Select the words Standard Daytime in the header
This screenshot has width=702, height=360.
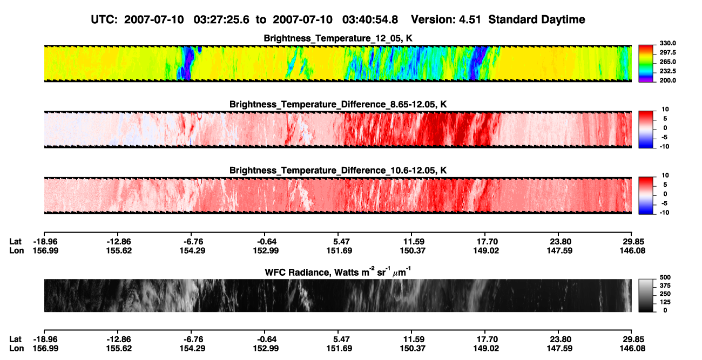pyautogui.click(x=537, y=19)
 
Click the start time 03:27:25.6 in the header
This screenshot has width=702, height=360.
pyautogui.click(x=221, y=19)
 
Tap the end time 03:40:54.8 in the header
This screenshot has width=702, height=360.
pyautogui.click(x=370, y=19)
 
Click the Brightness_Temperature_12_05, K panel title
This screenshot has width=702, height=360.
pyautogui.click(x=338, y=38)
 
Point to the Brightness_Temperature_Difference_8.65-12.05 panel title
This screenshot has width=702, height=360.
pyautogui.click(x=338, y=104)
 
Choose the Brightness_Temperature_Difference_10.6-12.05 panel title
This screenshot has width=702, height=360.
pyautogui.click(x=338, y=171)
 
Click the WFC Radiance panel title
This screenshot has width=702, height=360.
pyautogui.click(x=338, y=272)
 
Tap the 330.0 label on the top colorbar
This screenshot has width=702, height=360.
pyautogui.click(x=667, y=43)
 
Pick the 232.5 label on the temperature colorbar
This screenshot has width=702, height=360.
pyautogui.click(x=667, y=71)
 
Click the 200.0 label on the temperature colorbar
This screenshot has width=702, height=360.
pyautogui.click(x=667, y=80)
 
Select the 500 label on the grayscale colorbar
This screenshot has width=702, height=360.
pyautogui.click(x=665, y=277)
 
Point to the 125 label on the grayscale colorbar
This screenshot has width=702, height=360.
pyautogui.click(x=665, y=302)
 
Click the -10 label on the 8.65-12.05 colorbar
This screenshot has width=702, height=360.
pyautogui.click(x=664, y=147)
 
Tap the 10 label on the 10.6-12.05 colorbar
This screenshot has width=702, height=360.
pyautogui.click(x=665, y=175)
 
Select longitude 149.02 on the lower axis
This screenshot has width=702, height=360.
pyautogui.click(x=486, y=349)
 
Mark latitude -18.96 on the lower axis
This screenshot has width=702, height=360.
pyautogui.click(x=46, y=339)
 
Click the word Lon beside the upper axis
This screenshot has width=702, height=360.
pyautogui.click(x=17, y=250)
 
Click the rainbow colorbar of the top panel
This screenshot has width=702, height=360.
pyautogui.click(x=646, y=64)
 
